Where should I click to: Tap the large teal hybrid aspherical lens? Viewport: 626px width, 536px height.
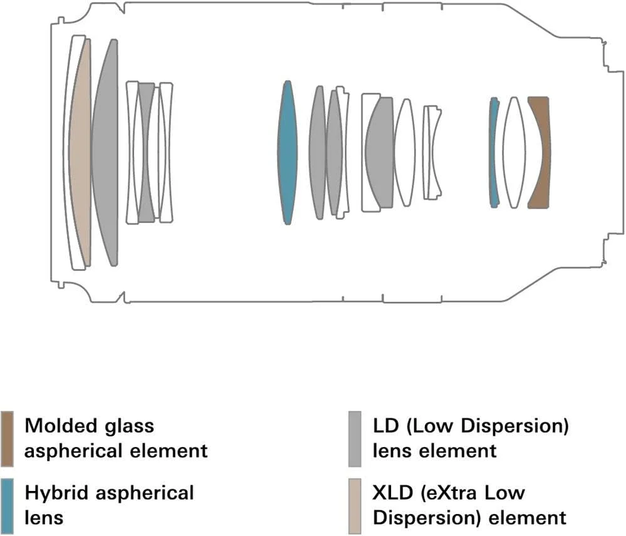(x=288, y=153)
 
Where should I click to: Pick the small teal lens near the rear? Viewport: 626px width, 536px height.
(x=494, y=153)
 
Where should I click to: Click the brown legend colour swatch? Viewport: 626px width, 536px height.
(x=8, y=438)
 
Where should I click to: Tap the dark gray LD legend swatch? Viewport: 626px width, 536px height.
(x=355, y=438)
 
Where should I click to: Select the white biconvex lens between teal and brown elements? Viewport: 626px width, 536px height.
(x=514, y=153)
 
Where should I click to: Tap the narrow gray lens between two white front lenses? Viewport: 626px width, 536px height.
(x=147, y=153)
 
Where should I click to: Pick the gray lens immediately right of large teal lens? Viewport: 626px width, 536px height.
(x=318, y=153)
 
